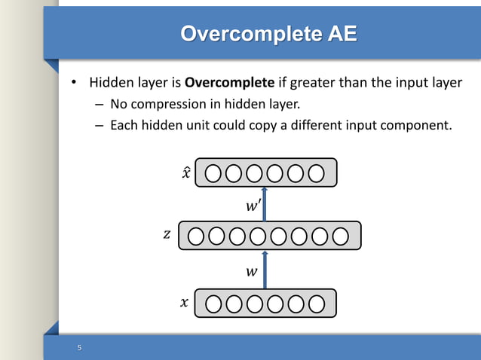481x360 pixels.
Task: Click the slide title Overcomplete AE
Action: pyautogui.click(x=269, y=34)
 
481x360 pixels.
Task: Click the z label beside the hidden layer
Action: pyautogui.click(x=167, y=235)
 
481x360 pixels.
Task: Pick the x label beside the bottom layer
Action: pyautogui.click(x=184, y=304)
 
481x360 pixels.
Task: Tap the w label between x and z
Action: pyautogui.click(x=251, y=270)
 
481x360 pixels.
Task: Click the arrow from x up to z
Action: pyautogui.click(x=265, y=269)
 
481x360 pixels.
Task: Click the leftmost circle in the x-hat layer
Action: pyautogui.click(x=213, y=174)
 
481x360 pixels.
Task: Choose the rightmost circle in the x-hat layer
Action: pyautogui.click(x=317, y=174)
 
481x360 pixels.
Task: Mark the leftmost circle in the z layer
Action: pyautogui.click(x=196, y=236)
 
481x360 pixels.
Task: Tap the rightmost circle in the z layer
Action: pyautogui.click(x=341, y=236)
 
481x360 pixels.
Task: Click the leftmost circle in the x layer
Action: pyautogui.click(x=213, y=304)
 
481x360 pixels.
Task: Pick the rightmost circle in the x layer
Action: pyautogui.click(x=317, y=304)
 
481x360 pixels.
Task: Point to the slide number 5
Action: pyautogui.click(x=79, y=348)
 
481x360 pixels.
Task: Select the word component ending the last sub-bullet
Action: pyautogui.click(x=418, y=124)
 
